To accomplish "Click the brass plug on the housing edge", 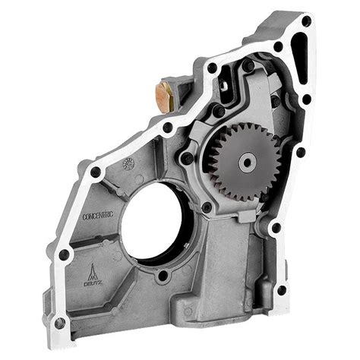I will click(164, 94).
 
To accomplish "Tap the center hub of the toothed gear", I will click(246, 161).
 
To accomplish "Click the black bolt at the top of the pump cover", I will click(248, 67).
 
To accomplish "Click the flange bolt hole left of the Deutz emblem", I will click(65, 254).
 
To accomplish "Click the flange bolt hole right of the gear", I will click(301, 152).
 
